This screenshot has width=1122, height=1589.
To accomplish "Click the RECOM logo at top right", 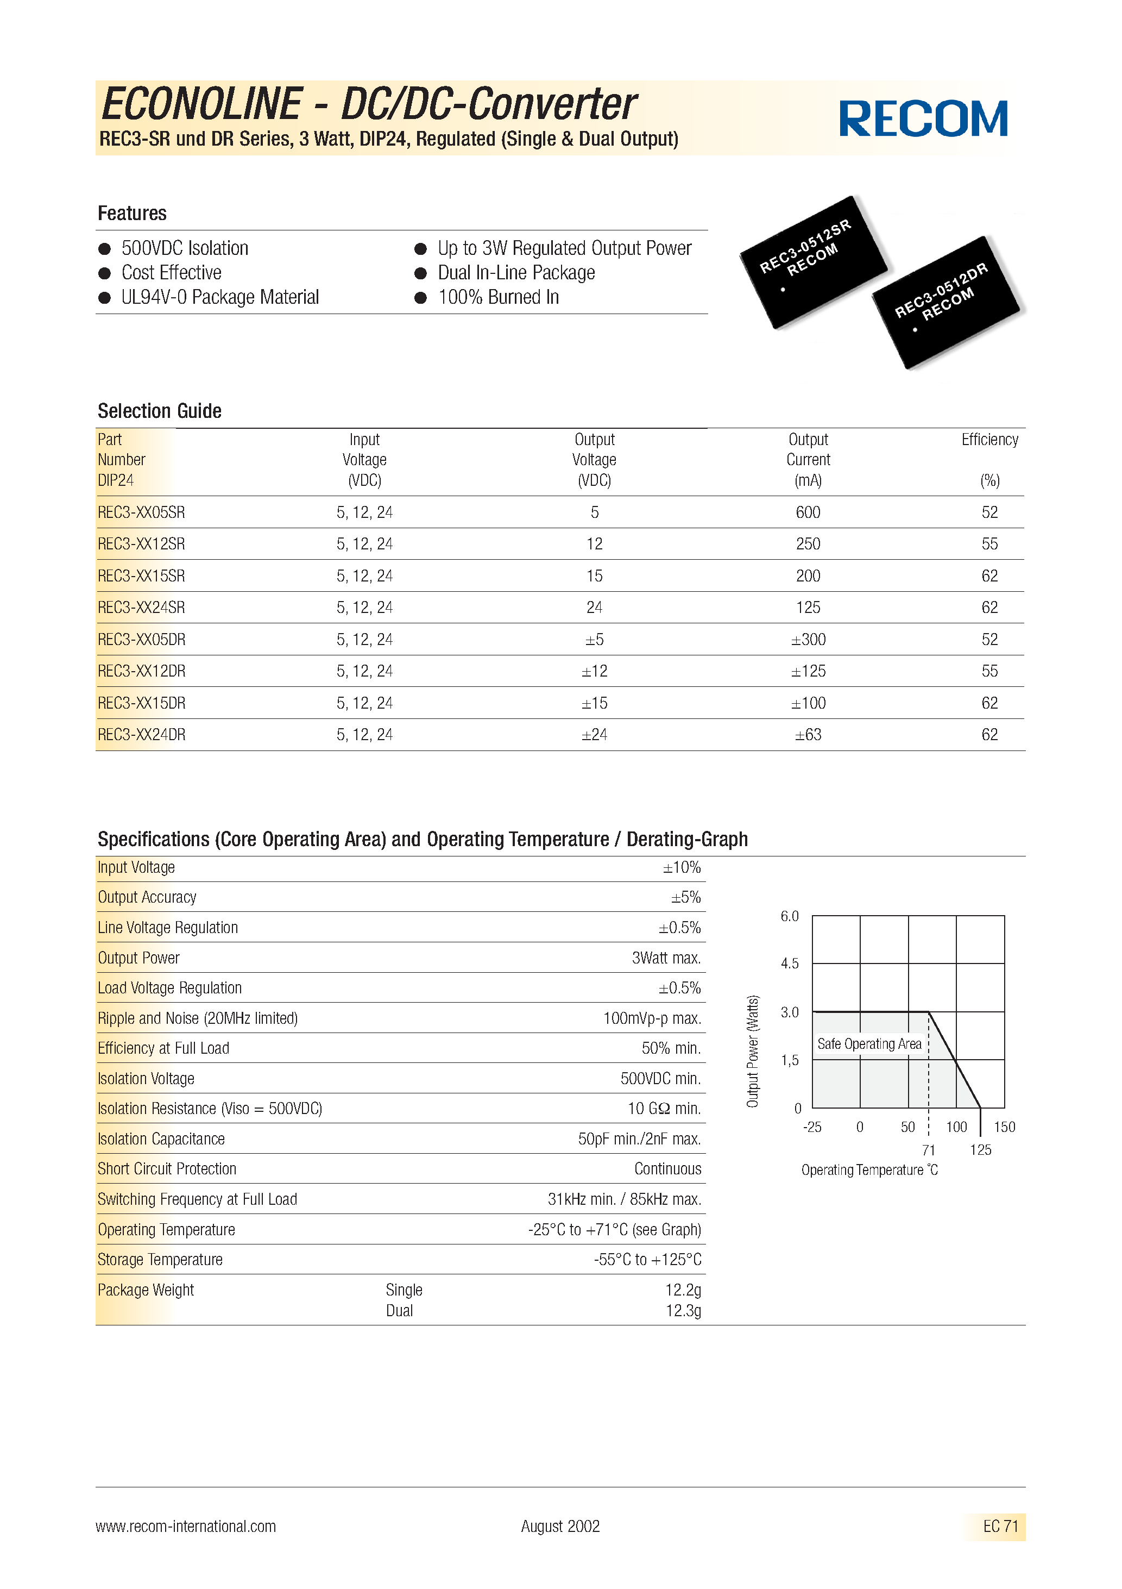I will (x=923, y=118).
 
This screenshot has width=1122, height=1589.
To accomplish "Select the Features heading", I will (x=132, y=213).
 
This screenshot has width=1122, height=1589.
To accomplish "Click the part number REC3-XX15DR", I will (x=142, y=703).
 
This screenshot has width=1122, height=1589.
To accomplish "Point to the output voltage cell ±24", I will (x=594, y=735).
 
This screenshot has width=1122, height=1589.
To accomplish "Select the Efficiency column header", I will (x=989, y=440).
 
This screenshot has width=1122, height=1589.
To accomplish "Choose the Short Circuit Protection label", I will (x=167, y=1169).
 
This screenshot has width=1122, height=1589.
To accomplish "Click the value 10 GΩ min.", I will (x=664, y=1109).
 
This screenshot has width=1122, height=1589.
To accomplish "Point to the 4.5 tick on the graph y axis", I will (x=789, y=964).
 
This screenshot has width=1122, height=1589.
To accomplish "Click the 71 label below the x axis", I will (x=928, y=1150).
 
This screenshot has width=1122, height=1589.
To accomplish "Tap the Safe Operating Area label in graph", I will (x=869, y=1043).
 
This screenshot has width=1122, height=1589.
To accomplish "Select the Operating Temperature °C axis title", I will (x=869, y=1171).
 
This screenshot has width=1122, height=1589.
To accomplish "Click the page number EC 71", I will (x=1000, y=1526).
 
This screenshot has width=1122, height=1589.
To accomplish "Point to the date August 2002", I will (x=560, y=1526).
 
